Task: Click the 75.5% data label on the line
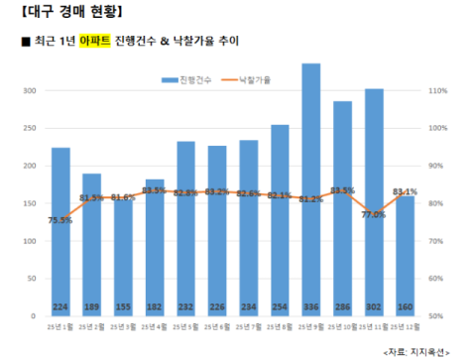click(x=60, y=220)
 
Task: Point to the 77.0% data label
click(x=374, y=214)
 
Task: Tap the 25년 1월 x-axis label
click(x=60, y=326)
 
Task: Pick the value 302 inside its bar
click(x=375, y=306)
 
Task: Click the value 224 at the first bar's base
click(x=60, y=306)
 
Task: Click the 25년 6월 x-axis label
click(x=217, y=326)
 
